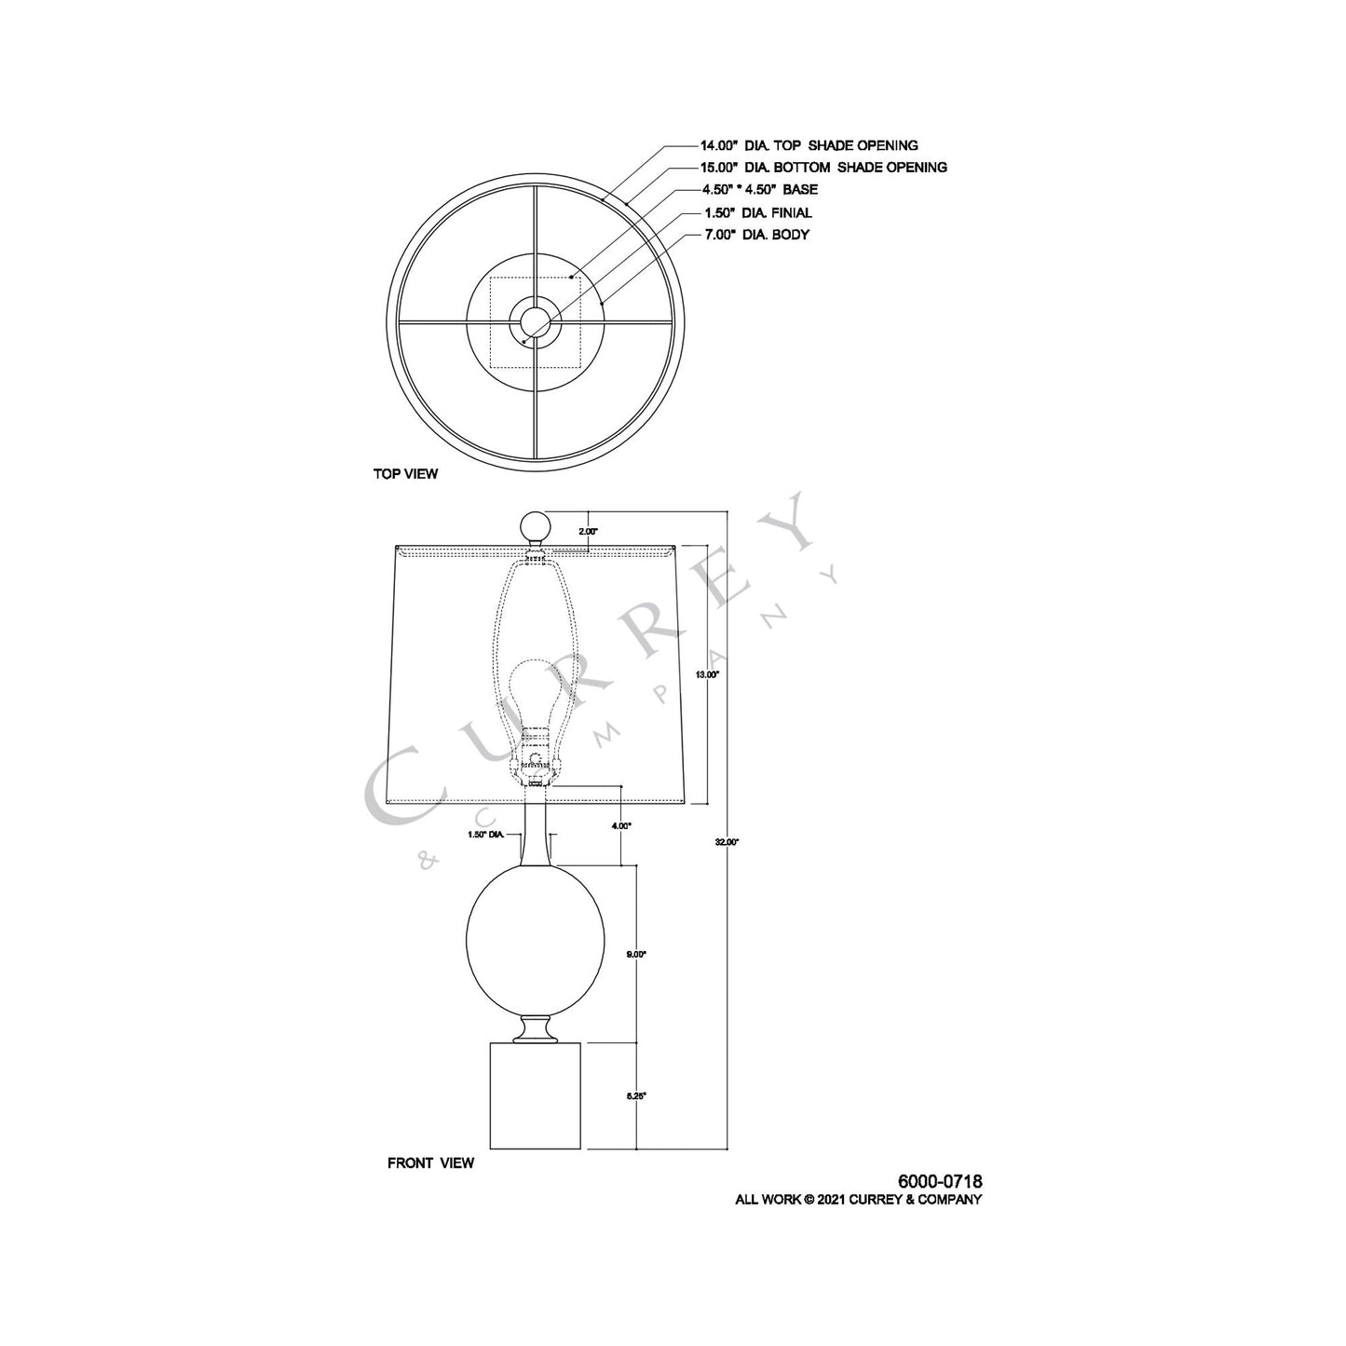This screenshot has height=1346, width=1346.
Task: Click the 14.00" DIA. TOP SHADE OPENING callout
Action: tap(809, 145)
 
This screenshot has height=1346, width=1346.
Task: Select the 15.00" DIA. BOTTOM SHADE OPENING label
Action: tap(823, 168)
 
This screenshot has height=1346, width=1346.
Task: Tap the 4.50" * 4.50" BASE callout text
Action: tap(760, 190)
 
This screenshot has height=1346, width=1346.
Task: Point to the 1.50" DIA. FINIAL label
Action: tap(757, 212)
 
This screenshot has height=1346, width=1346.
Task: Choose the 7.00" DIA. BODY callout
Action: tap(756, 235)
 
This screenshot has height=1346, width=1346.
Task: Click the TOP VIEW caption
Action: tap(405, 474)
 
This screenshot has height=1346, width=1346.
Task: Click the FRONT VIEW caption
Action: tap(430, 1162)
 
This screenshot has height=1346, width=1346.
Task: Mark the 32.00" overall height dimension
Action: tap(727, 842)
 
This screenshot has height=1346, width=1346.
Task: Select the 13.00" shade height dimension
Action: tap(707, 673)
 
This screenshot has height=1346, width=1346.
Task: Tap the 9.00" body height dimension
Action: tap(636, 954)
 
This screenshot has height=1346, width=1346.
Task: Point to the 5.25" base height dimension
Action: tap(636, 1096)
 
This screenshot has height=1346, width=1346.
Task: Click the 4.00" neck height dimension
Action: tap(621, 825)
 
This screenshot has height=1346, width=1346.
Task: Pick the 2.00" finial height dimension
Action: tap(588, 531)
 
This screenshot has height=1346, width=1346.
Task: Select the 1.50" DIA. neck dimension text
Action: tap(486, 836)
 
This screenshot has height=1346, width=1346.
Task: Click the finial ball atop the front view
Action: tap(535, 524)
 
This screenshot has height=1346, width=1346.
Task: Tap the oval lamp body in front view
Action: tap(535, 941)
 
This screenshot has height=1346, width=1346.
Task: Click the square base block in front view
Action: tap(535, 1096)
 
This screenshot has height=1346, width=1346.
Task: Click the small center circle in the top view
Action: tap(535, 322)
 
